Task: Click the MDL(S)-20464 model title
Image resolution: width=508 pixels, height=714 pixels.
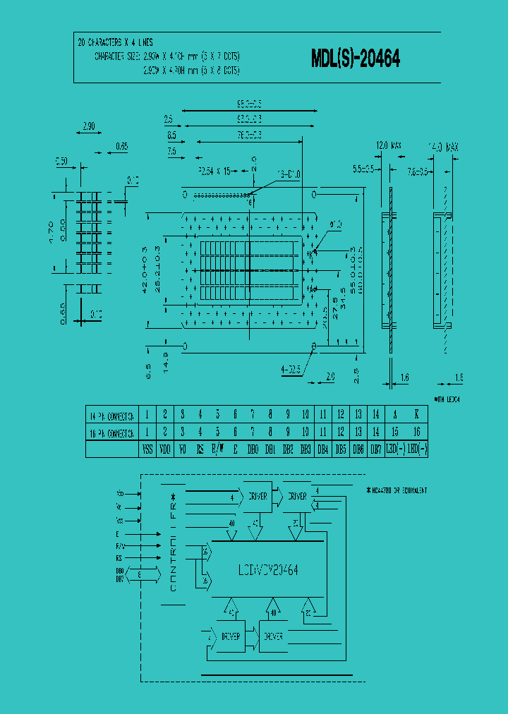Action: pyautogui.click(x=356, y=60)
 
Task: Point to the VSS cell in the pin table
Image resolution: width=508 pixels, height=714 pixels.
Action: pyautogui.click(x=147, y=449)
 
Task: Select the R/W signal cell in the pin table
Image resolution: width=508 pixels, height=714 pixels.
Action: pyautogui.click(x=218, y=449)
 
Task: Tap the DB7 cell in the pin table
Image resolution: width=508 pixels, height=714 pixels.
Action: pyautogui.click(x=377, y=449)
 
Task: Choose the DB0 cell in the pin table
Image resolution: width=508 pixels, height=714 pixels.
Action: pyautogui.click(x=253, y=449)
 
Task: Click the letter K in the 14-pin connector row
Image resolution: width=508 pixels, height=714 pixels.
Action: pyautogui.click(x=416, y=415)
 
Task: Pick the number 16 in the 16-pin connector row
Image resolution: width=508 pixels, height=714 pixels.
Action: pyautogui.click(x=416, y=432)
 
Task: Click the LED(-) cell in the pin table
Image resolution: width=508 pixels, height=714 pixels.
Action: pyautogui.click(x=416, y=449)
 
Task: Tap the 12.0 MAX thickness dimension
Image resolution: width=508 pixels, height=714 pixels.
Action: pyautogui.click(x=388, y=146)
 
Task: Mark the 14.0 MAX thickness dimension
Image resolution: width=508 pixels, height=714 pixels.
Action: pyautogui.click(x=444, y=147)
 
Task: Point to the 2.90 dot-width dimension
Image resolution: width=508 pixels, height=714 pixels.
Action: pyautogui.click(x=89, y=126)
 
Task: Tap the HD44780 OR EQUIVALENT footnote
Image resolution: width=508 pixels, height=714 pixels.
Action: pyautogui.click(x=397, y=489)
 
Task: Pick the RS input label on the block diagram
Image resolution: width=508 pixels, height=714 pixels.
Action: pyautogui.click(x=120, y=557)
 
